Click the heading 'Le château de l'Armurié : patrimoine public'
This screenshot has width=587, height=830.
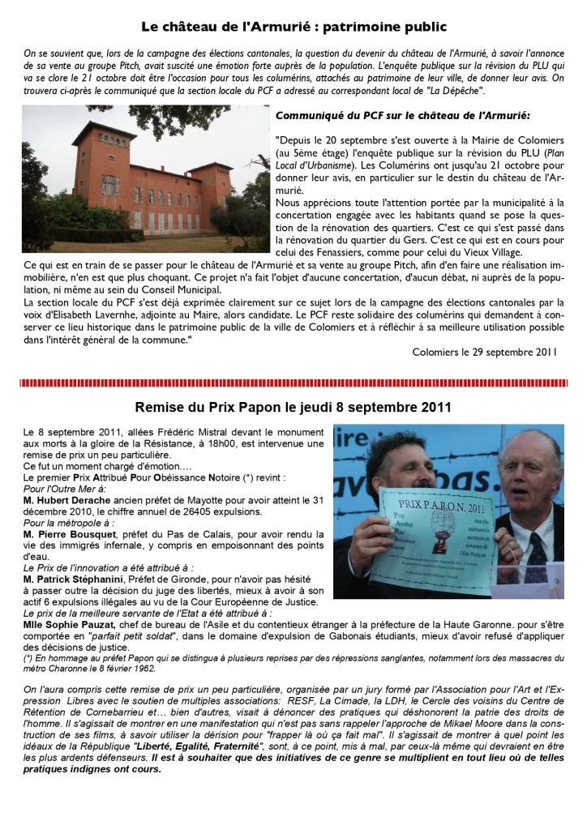293,27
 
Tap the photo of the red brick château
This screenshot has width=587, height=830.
145,178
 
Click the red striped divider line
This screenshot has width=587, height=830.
293,380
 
